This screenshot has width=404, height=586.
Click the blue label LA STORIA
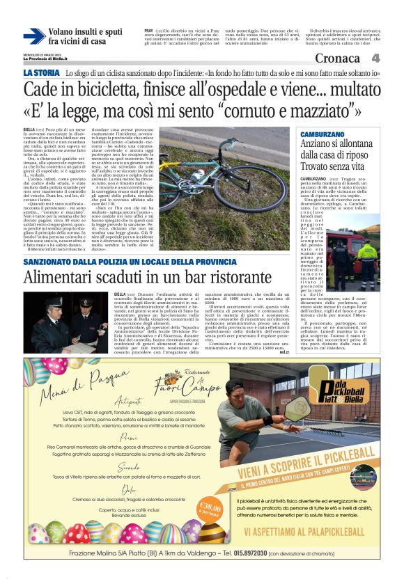41,72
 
